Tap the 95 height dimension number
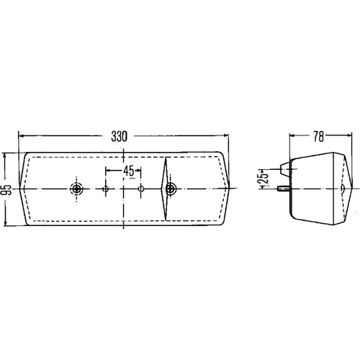click(6, 190)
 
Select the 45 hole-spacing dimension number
click(127, 171)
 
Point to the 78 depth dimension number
click(319, 134)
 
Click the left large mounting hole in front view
click(77, 189)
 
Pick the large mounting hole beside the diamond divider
click(171, 189)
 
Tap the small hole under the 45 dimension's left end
click(107, 189)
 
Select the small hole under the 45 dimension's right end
click(141, 189)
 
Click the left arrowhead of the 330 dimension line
click(22, 135)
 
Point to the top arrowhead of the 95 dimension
click(6, 155)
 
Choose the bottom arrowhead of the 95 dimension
click(6, 225)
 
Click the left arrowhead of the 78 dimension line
click(292, 135)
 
